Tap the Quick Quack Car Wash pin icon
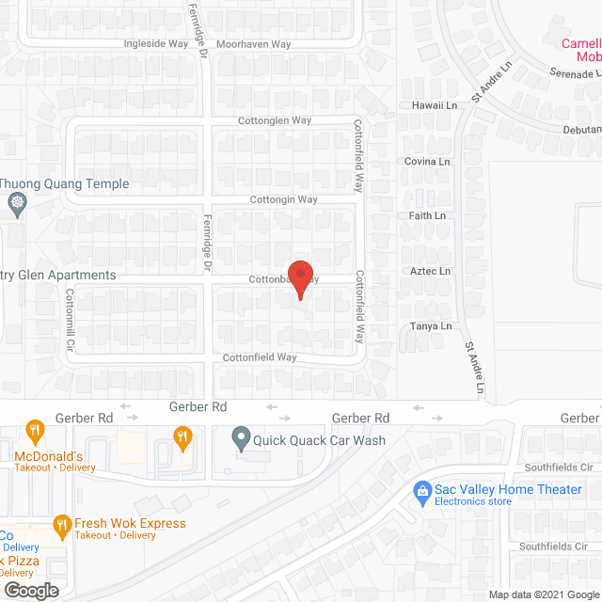coord(241,437)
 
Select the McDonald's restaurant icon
coord(35,432)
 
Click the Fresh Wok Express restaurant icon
coord(62,524)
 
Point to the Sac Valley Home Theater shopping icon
coord(422,489)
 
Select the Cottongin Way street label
coord(284,199)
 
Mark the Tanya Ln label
coord(431,326)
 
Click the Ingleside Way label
coord(156,44)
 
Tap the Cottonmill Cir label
coord(70,320)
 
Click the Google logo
coord(30,590)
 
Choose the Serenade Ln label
coord(576,73)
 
